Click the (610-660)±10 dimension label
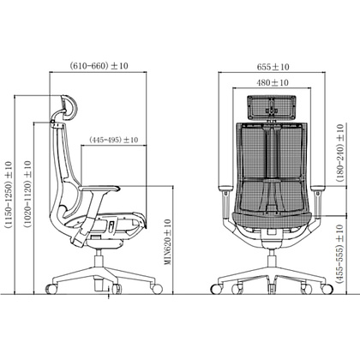pos(101,66)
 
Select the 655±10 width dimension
pos(273,65)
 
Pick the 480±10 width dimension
pos(273,83)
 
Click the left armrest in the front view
pos(225,186)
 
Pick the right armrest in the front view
pos(320,186)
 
